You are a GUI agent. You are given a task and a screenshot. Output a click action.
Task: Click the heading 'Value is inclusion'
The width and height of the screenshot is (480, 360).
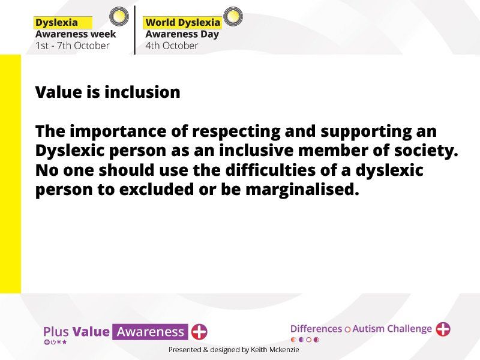(x=108, y=92)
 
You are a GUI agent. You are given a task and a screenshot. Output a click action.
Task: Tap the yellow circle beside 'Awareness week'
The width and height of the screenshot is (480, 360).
(x=119, y=16)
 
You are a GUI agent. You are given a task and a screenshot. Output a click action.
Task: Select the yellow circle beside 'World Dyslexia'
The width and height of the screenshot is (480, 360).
(x=233, y=16)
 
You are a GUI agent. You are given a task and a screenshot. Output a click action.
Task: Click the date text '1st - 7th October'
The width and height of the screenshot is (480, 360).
(x=72, y=46)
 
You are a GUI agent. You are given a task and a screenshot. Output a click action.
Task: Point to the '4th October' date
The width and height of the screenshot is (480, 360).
(x=172, y=46)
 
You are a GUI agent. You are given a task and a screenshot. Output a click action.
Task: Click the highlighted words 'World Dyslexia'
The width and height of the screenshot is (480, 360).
(x=183, y=22)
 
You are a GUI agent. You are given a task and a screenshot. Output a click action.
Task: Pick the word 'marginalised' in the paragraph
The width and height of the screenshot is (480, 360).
(x=302, y=190)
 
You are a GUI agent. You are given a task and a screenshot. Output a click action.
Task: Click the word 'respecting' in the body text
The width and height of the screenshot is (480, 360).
(x=236, y=131)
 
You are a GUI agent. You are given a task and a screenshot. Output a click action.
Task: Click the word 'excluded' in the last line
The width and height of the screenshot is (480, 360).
(x=156, y=190)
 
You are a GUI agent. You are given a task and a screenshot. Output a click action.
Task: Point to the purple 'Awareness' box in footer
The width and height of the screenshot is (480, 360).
(x=150, y=332)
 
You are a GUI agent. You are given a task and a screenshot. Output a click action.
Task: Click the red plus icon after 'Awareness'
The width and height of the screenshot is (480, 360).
(x=199, y=332)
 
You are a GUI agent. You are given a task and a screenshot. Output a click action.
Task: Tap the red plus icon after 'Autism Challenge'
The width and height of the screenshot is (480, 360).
(x=443, y=329)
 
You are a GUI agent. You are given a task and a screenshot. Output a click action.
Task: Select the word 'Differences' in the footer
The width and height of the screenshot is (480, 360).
(x=316, y=329)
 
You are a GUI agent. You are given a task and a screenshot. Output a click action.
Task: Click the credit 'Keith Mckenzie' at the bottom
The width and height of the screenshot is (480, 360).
(x=275, y=350)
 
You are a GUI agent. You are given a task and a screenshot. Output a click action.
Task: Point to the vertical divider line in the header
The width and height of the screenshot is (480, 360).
(x=134, y=30)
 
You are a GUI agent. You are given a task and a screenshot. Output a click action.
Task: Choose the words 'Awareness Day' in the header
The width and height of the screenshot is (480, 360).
(x=182, y=34)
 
